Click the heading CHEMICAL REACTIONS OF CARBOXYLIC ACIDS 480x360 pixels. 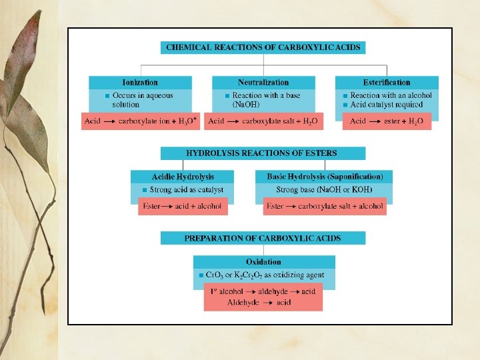point(263,47)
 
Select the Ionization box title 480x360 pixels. point(141,83)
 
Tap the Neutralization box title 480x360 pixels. point(263,83)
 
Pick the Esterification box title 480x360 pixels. point(387,83)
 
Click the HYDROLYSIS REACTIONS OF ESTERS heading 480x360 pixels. point(261,153)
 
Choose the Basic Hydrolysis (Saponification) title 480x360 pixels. point(325,177)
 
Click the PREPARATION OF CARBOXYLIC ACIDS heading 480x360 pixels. point(263,238)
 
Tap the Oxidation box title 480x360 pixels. point(263,262)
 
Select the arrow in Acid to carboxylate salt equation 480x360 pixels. point(233,121)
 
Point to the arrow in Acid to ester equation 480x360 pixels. point(375,121)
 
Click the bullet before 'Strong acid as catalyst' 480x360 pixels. point(145,190)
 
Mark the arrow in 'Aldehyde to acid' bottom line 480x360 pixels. point(267,303)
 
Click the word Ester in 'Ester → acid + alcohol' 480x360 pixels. point(152,207)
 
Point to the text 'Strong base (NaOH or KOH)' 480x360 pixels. point(325,190)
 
